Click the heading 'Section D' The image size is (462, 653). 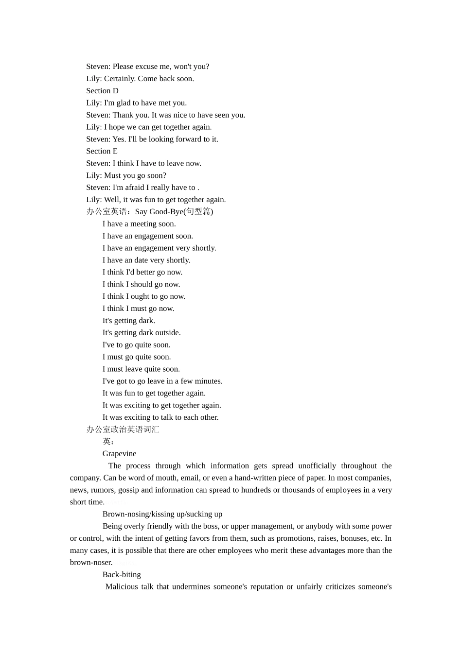point(102,91)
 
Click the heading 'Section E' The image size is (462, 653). point(102,151)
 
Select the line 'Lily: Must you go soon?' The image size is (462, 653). point(126,175)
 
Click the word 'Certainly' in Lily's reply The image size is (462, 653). point(119,79)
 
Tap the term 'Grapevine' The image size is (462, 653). point(119,454)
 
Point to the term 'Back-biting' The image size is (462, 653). point(122,575)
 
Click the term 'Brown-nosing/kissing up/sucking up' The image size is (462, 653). point(162,514)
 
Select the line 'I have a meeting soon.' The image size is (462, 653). point(139,224)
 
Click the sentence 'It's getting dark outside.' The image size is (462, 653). point(142,333)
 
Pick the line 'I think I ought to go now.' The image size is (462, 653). point(143,296)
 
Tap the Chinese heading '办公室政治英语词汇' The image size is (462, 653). point(123,430)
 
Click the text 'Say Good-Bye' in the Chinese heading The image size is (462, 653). point(159,212)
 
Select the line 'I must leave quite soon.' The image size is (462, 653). point(141,369)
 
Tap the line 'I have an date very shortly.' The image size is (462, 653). point(146,260)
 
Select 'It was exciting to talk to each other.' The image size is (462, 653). point(160,417)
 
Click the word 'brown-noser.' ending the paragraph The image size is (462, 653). point(91,563)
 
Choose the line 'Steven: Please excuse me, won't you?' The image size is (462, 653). point(147,67)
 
